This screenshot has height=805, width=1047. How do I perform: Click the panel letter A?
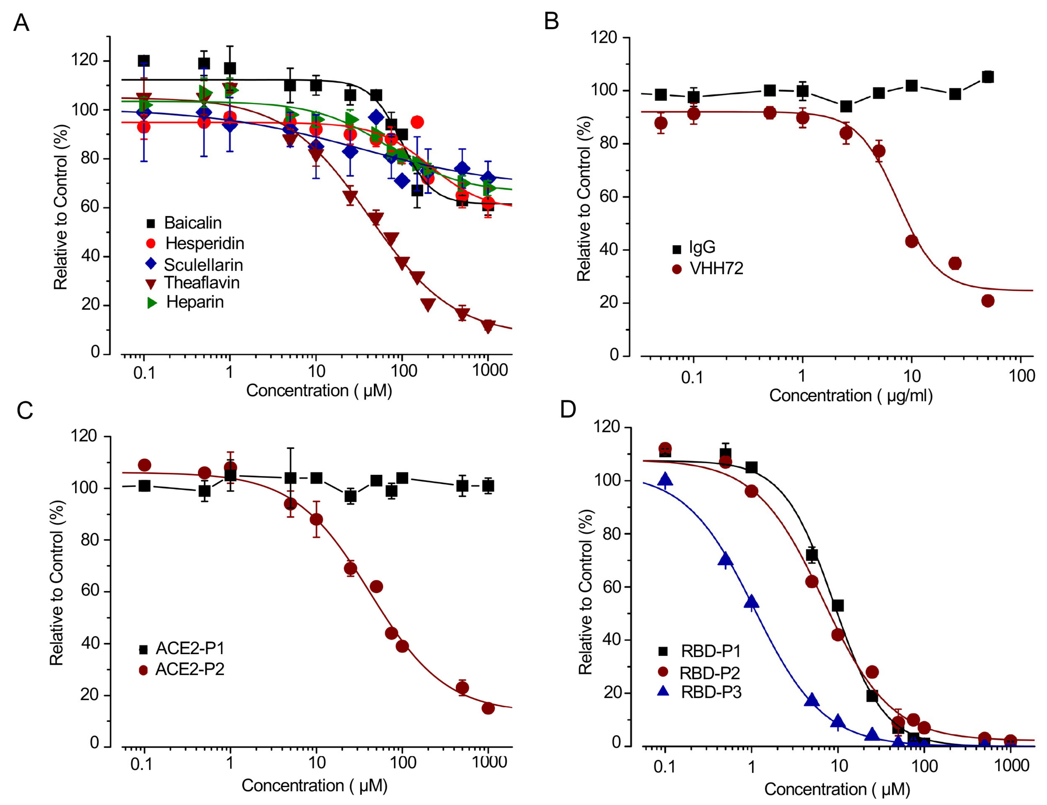pyautogui.click(x=21, y=22)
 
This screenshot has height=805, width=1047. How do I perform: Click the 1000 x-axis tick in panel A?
pyautogui.click(x=489, y=370)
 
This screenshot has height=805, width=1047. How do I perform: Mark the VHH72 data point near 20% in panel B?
pyautogui.click(x=988, y=301)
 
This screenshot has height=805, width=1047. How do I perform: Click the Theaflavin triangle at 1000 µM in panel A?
pyautogui.click(x=488, y=327)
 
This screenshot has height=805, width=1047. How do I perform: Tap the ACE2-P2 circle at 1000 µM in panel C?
pyautogui.click(x=488, y=708)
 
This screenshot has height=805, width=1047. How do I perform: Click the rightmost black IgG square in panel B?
pyautogui.click(x=988, y=77)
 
